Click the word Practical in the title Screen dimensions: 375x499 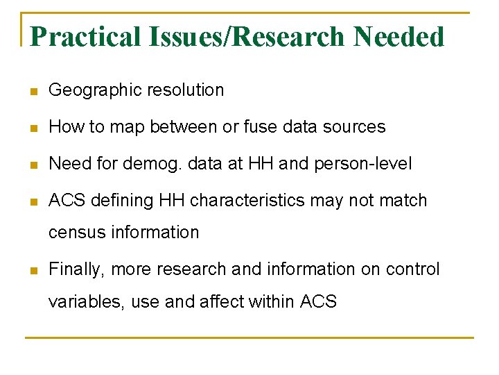(85, 37)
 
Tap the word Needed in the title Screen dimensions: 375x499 (399, 37)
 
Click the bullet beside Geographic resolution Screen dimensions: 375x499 (34, 91)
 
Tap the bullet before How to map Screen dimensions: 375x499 (34, 128)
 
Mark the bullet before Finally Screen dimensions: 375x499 (34, 270)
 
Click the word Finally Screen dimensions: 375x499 (77, 269)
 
